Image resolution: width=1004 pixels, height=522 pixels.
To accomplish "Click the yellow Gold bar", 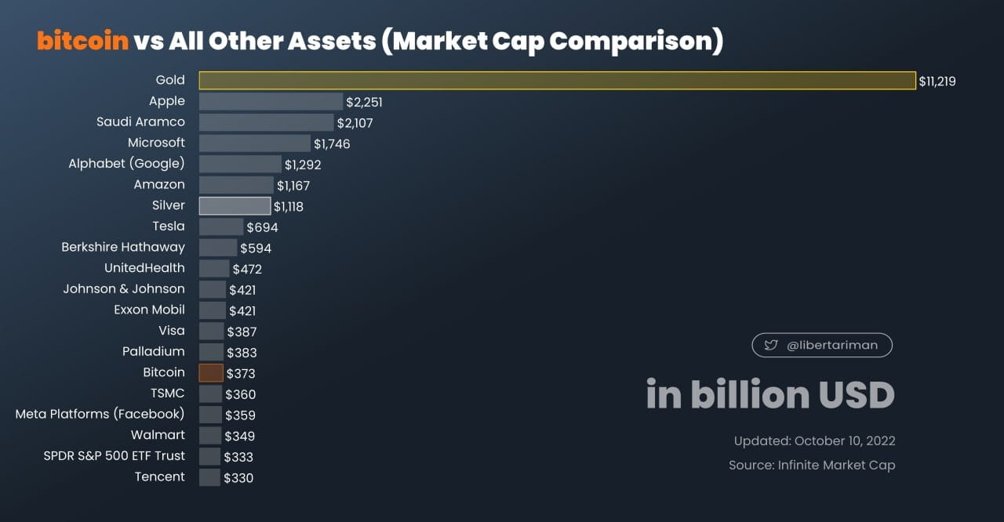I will click(x=557, y=80).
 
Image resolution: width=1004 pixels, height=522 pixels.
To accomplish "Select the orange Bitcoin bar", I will click(x=211, y=373).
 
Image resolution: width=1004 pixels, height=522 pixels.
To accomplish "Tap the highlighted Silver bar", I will click(x=235, y=206).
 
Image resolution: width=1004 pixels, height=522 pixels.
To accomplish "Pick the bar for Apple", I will click(x=271, y=101).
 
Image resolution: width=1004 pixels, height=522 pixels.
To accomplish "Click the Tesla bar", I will click(x=220, y=227).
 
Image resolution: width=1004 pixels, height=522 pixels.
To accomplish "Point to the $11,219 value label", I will click(x=938, y=81).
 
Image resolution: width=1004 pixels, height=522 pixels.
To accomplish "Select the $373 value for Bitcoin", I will click(x=241, y=374).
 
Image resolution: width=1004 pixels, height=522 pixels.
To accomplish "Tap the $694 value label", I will click(x=262, y=227).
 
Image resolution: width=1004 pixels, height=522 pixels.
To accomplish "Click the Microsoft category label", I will click(x=156, y=143).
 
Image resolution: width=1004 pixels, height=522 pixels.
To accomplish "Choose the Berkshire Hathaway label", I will click(x=123, y=247).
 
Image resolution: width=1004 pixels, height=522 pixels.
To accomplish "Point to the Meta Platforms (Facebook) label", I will click(x=100, y=413).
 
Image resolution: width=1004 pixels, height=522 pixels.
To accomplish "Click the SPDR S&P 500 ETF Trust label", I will click(x=114, y=455).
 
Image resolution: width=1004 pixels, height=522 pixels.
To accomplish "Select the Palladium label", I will click(x=153, y=351).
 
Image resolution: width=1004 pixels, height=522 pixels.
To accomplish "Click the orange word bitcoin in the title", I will click(x=82, y=41).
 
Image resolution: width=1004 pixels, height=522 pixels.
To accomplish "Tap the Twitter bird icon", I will click(x=770, y=345).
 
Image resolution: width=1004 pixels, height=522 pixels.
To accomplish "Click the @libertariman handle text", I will click(x=831, y=345).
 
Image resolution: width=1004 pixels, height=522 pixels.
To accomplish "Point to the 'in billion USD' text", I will click(x=769, y=394).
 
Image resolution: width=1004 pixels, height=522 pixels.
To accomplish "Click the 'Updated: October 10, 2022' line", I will click(x=814, y=441).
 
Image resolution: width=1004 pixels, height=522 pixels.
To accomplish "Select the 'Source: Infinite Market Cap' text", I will click(x=811, y=465).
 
